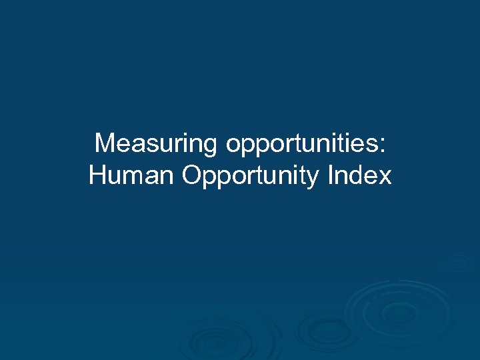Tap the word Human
pos(131,176)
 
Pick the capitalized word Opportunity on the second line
pos(251,177)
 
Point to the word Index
pos(359,176)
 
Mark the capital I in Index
pos(331,176)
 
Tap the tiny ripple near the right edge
pos(460,262)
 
